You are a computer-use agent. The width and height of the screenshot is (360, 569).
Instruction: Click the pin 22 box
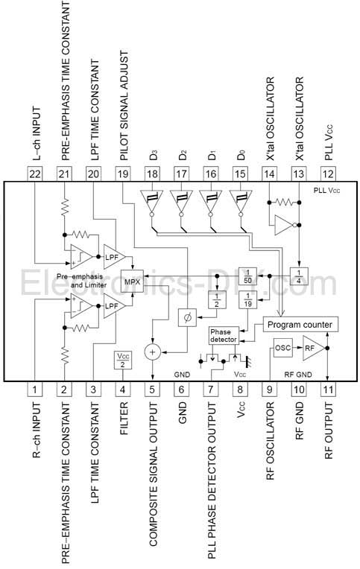click(35, 174)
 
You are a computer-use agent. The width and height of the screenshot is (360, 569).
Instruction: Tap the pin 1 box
click(34, 390)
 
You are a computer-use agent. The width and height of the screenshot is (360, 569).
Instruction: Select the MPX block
click(132, 281)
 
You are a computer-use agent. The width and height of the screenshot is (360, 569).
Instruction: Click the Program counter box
click(300, 325)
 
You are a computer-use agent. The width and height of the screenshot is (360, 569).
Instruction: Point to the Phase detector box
click(223, 336)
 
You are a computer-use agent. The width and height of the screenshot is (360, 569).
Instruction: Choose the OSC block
click(282, 348)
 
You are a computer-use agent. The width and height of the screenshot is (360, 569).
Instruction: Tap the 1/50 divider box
click(247, 276)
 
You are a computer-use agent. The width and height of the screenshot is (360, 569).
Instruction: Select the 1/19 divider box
click(247, 299)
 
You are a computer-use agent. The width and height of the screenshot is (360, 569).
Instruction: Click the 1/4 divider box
click(299, 276)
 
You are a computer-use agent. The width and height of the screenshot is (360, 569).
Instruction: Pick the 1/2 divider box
click(217, 299)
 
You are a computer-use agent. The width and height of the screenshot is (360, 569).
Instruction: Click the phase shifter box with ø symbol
click(187, 318)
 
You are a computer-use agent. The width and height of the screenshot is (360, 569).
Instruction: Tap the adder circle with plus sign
click(152, 352)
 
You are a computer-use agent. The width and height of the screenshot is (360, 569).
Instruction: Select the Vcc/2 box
click(123, 360)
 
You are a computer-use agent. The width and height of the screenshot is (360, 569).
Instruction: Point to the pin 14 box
click(269, 174)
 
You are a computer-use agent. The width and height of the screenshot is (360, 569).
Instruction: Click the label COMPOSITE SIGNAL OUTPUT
click(153, 474)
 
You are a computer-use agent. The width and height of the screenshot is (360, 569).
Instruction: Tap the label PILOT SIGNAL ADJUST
click(124, 106)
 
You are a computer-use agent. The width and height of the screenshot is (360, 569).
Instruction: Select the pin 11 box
click(328, 390)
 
